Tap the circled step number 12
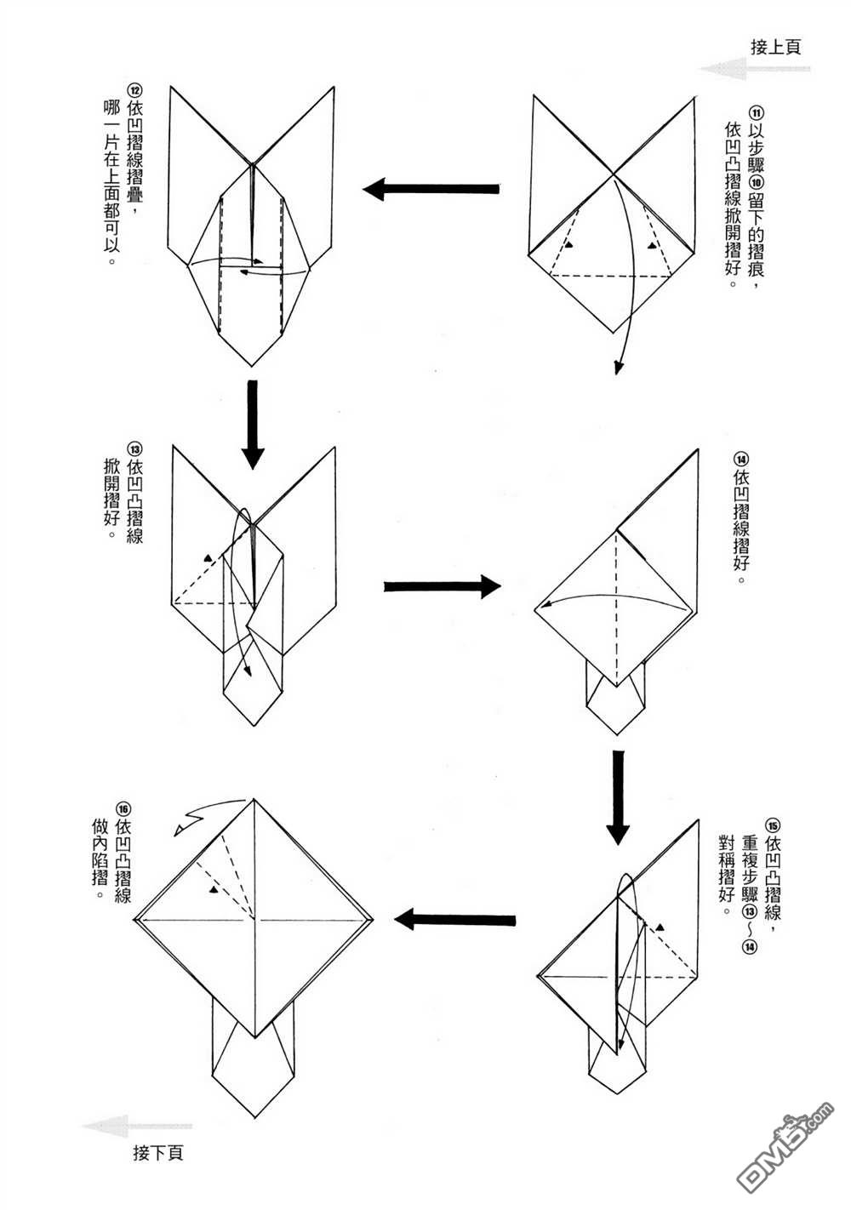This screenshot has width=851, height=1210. tap(134, 90)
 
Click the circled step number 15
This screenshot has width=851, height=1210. tap(773, 824)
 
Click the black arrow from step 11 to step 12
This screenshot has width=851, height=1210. tap(433, 188)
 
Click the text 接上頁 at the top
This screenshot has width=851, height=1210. tap(775, 48)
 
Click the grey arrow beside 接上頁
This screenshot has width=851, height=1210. tap(723, 69)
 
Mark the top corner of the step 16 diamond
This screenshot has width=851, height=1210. tap(254, 799)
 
